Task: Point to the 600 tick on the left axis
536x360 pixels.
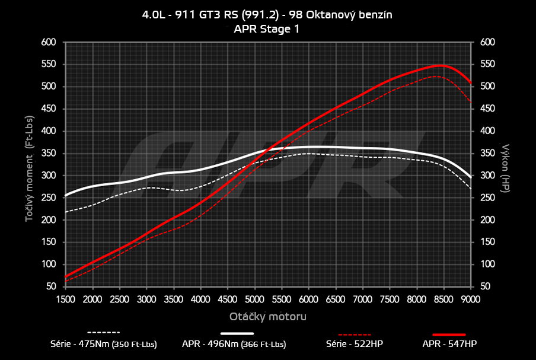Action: (49, 42)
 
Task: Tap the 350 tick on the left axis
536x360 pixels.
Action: (49, 153)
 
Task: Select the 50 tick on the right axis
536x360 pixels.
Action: (485, 286)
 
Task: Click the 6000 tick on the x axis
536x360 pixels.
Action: (308, 299)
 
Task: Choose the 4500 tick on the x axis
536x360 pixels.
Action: (228, 299)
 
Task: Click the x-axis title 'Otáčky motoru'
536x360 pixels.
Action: (268, 316)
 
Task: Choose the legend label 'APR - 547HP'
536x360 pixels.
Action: (449, 343)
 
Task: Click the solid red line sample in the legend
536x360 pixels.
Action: (449, 333)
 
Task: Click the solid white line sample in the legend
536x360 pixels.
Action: (241, 333)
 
